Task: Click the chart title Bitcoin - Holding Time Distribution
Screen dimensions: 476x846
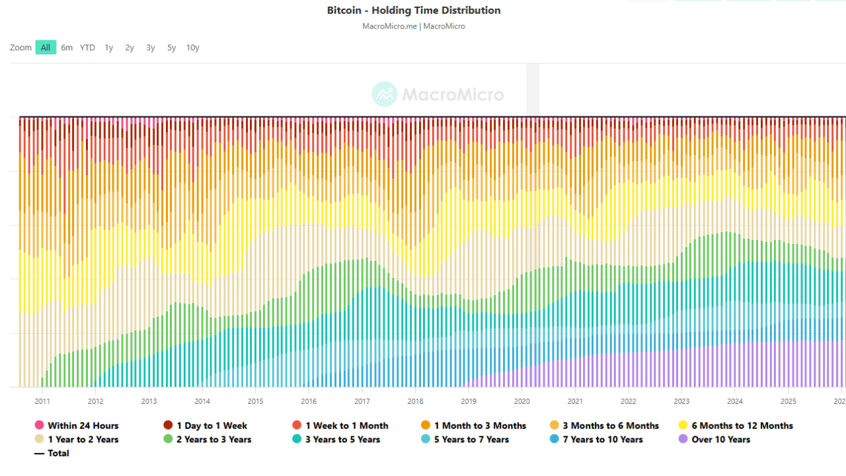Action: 414,11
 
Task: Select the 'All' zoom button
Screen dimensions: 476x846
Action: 46,48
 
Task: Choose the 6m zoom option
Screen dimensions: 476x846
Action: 67,48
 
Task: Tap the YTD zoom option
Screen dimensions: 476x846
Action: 87,48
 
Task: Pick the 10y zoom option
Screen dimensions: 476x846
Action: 192,48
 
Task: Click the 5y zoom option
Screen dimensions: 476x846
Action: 171,48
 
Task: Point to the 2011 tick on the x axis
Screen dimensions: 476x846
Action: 42,401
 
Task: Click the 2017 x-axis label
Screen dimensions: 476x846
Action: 362,401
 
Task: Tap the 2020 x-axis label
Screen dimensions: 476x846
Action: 521,401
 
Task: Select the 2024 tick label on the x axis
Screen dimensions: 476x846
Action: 734,401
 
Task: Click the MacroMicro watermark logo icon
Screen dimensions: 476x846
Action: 384,95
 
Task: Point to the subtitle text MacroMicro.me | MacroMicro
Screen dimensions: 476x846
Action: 414,26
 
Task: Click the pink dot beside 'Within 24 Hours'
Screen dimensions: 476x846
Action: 39,426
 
